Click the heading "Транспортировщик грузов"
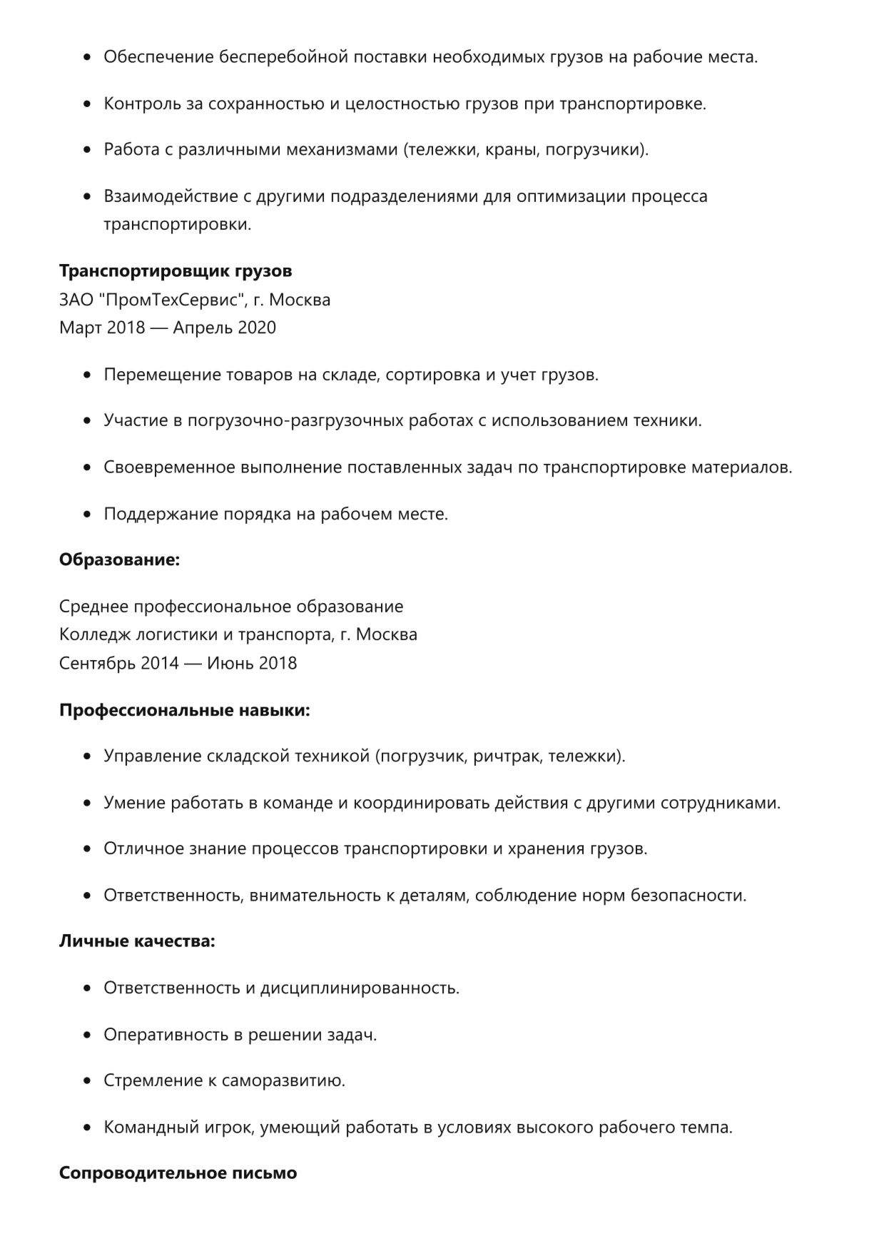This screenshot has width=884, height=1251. [176, 271]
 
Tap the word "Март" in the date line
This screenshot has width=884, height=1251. [80, 328]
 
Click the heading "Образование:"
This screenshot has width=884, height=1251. [119, 560]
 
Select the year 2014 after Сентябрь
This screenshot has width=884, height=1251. [159, 663]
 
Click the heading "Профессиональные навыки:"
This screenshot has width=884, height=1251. [184, 711]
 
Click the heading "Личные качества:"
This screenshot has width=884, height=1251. [137, 941]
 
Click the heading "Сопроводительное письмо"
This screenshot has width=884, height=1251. [178, 1173]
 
